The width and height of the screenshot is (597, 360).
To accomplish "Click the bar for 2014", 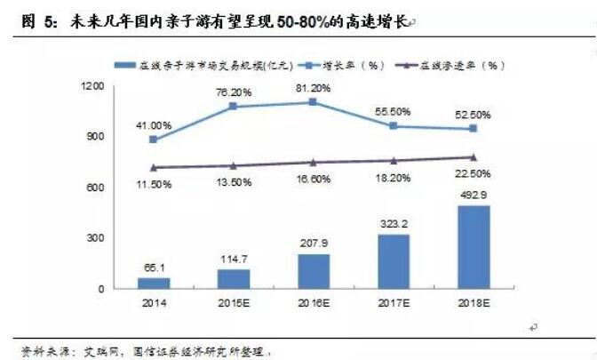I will (x=154, y=283).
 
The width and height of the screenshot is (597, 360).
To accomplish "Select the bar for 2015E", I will (x=233, y=279).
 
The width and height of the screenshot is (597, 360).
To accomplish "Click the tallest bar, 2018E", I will (x=472, y=247).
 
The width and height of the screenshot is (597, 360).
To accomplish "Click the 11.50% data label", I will (x=154, y=183).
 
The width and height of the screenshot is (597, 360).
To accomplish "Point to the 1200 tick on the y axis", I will (x=92, y=86).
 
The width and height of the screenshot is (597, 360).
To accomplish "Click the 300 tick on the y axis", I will (x=95, y=238).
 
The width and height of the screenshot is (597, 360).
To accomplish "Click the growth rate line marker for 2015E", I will (x=233, y=107).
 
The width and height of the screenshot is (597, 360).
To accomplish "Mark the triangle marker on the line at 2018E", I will (x=472, y=157).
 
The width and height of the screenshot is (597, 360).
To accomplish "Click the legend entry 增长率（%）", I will (x=341, y=65).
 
